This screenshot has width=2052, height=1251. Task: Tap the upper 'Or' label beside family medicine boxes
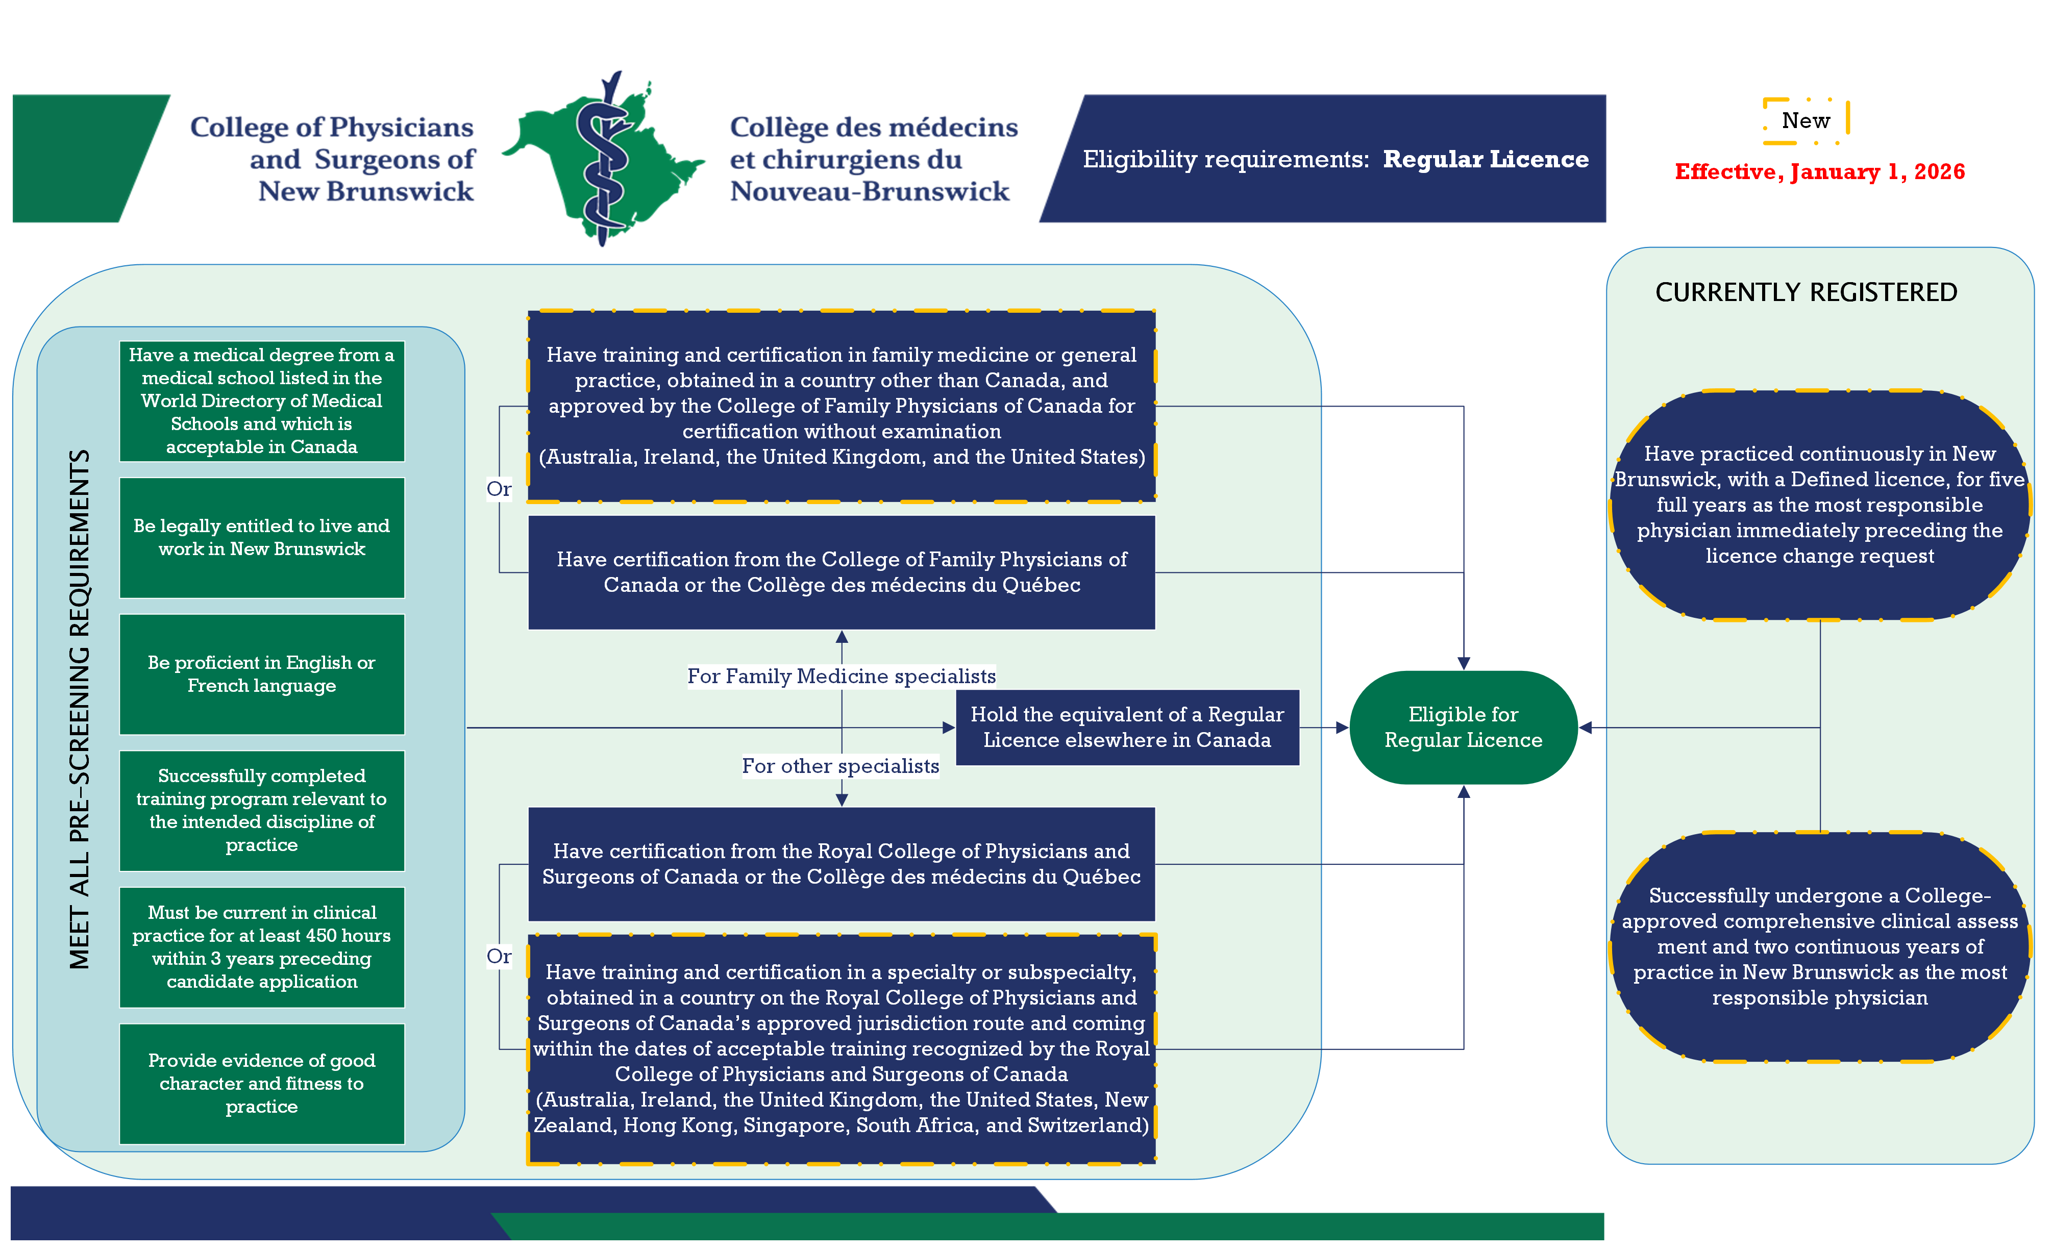point(499,489)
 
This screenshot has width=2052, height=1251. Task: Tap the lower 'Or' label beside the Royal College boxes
point(499,956)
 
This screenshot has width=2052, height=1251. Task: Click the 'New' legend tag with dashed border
point(1806,121)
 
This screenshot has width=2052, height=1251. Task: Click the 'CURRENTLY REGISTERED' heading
point(1806,292)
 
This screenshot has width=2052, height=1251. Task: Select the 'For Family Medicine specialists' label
point(841,676)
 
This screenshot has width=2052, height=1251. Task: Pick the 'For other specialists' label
point(840,766)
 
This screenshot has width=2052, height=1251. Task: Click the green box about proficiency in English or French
point(261,674)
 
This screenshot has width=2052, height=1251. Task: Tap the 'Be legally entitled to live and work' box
point(261,538)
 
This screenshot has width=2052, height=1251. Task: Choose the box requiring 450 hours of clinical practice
point(261,947)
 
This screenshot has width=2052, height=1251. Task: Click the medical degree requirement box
point(261,401)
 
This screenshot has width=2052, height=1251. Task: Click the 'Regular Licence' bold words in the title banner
point(1485,159)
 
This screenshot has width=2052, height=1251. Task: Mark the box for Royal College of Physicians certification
point(841,863)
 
